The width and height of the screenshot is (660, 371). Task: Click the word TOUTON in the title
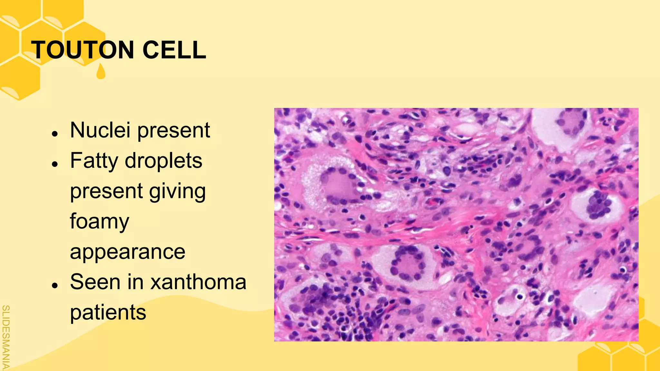[83, 50]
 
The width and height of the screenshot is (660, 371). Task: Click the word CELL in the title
[174, 50]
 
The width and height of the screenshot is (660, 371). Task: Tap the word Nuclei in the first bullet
[100, 130]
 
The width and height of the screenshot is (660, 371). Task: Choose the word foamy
[100, 222]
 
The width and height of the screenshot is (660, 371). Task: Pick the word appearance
[128, 252]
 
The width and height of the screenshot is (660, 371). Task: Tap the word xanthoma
[199, 282]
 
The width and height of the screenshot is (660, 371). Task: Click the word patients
[108, 312]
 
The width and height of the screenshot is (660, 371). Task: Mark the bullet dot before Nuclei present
[55, 133]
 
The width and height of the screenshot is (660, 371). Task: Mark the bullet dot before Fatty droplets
[55, 164]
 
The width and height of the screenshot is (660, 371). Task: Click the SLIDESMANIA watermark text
[5, 337]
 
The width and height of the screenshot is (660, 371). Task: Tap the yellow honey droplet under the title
[101, 72]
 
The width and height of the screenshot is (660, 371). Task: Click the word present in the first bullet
[174, 131]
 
